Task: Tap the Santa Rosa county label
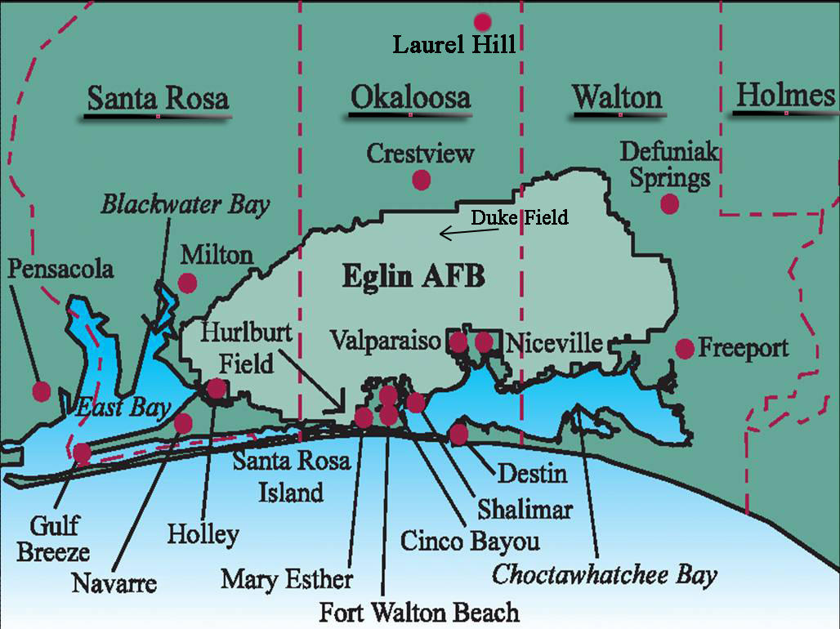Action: point(158,99)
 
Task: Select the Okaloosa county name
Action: point(410,98)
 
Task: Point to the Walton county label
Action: point(617,97)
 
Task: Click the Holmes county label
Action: point(785,96)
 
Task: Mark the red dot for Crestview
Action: point(421,180)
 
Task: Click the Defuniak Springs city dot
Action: point(669,204)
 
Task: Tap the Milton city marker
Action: point(187,283)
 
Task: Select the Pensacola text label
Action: point(60,269)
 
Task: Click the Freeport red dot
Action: point(685,349)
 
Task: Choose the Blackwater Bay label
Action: point(185,204)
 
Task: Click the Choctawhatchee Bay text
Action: point(604,574)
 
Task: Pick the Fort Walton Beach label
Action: point(419,612)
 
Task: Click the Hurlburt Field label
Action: point(238,348)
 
